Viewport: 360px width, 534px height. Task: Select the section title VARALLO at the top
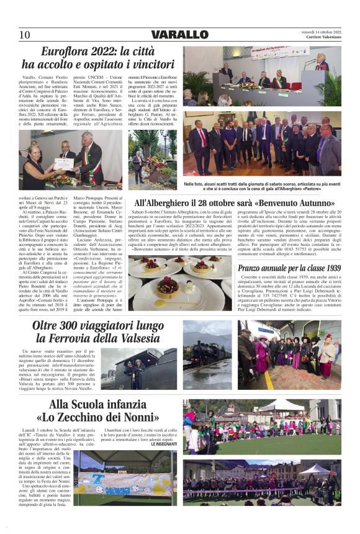click(180, 35)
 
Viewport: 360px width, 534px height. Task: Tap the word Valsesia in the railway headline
click(133, 339)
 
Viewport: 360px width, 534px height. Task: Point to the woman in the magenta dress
click(261, 358)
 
